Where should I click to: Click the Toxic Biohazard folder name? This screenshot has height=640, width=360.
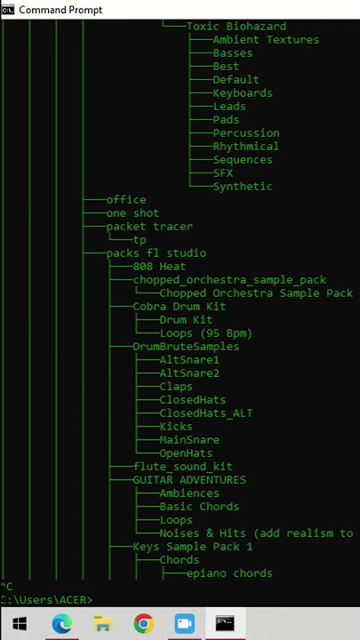click(236, 27)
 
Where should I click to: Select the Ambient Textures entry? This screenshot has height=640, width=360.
click(266, 40)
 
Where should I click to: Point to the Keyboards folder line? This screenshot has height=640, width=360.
click(243, 93)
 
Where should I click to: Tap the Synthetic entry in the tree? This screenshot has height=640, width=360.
click(243, 187)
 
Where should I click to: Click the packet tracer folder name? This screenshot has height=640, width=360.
click(149, 227)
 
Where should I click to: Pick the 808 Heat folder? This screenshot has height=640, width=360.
click(159, 267)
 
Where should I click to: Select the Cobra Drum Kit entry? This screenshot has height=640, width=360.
click(180, 307)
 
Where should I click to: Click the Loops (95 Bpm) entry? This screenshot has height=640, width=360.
click(205, 333)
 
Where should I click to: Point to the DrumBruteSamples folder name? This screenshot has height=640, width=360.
click(186, 347)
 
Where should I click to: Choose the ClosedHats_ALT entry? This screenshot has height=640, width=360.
click(205, 413)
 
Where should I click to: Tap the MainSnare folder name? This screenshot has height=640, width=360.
click(189, 440)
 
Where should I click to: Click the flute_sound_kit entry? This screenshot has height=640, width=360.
click(182, 467)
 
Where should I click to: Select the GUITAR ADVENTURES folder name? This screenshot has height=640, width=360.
click(189, 480)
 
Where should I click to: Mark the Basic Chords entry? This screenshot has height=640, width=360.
click(199, 507)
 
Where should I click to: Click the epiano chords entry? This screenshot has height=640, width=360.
click(229, 573)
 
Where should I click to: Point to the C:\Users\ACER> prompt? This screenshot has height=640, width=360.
click(46, 600)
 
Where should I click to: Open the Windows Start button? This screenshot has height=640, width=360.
click(20, 623)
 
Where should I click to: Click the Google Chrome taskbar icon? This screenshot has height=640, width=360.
click(144, 624)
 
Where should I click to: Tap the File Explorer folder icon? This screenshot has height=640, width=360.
click(103, 624)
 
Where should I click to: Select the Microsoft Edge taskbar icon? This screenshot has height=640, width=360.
click(62, 624)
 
